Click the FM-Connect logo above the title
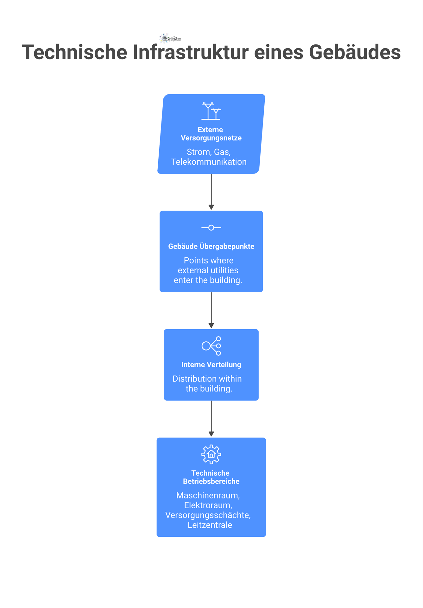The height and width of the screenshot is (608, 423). point(170,38)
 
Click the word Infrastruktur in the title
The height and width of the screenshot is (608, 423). point(190,52)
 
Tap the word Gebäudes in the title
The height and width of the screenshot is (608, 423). point(355,52)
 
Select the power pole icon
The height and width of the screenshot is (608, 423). point(211,111)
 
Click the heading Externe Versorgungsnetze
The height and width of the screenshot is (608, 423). point(211,134)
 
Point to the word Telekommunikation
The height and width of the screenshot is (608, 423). point(209,162)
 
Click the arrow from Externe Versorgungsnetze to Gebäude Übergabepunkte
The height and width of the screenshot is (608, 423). point(211,192)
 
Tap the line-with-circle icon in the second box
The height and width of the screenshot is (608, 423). point(211,227)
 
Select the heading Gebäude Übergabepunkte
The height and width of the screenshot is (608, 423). point(211,246)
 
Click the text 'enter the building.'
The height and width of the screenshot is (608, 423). point(208,280)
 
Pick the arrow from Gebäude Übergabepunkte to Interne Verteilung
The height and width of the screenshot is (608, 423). point(211,310)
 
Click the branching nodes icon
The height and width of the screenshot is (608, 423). point(211,346)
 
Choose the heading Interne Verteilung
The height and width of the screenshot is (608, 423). point(211,365)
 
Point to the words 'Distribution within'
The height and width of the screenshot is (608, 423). point(207,379)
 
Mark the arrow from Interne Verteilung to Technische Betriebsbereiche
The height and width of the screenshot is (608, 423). point(211,419)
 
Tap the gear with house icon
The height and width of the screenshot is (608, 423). point(211,454)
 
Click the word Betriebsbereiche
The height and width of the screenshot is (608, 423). point(211,481)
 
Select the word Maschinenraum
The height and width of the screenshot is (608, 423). point(208,495)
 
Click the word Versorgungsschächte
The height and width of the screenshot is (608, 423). point(208,515)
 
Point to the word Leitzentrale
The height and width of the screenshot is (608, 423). point(210,525)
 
